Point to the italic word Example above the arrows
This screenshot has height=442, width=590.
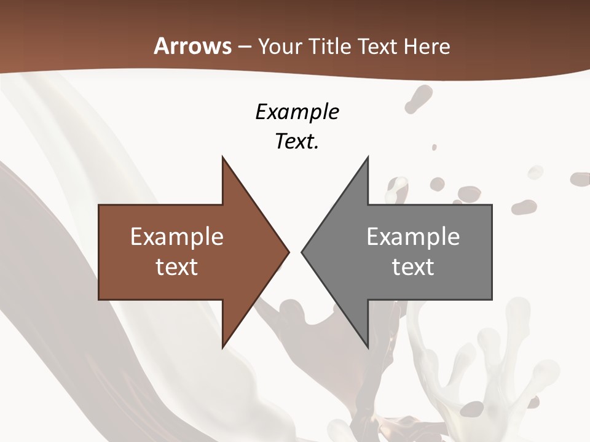[x=297, y=112]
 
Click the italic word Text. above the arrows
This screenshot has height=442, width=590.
[x=297, y=141]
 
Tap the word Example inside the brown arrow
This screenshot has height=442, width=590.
[x=177, y=236]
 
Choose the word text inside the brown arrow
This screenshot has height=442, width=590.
[x=177, y=267]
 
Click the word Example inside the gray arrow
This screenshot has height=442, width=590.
[x=413, y=236]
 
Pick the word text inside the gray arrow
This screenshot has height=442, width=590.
[x=413, y=267]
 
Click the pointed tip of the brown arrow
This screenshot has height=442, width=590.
[x=289, y=252]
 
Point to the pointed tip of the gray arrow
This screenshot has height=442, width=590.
[x=302, y=252]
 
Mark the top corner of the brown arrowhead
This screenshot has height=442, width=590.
[x=222, y=157]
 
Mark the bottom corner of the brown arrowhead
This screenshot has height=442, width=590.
[x=222, y=347]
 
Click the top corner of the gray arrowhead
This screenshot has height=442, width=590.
[x=368, y=157]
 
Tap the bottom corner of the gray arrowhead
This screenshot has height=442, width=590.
[x=368, y=347]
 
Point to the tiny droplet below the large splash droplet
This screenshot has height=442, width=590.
[x=434, y=147]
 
